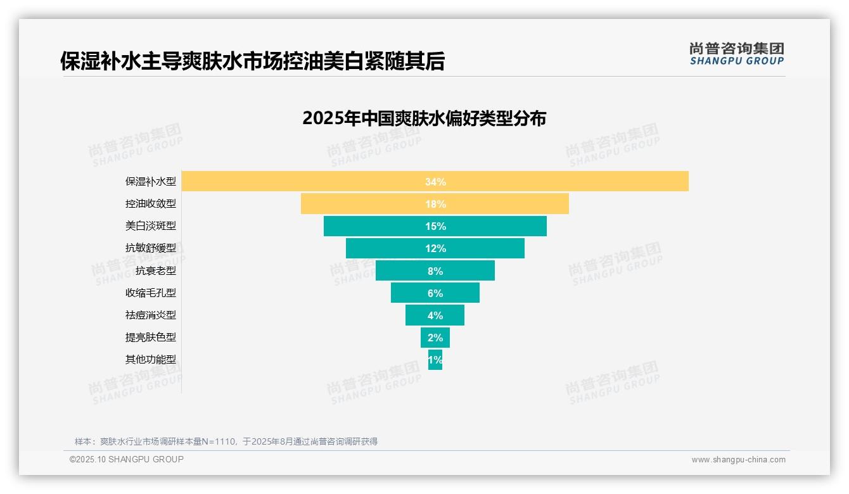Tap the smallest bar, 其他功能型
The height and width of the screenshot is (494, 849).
click(435, 360)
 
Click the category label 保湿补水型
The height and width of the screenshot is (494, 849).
click(151, 182)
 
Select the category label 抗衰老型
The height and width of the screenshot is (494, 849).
click(156, 271)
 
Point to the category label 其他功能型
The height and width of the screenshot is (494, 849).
click(151, 360)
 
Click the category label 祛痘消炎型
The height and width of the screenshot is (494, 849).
click(151, 315)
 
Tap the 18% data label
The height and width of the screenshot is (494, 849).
click(435, 204)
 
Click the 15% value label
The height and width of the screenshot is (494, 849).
click(435, 226)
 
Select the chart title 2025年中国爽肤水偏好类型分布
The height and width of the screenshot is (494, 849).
click(424, 118)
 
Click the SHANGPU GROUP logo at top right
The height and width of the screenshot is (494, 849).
click(736, 54)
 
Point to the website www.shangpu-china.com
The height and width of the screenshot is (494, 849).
click(738, 460)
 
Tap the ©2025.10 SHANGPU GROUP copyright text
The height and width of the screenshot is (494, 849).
click(127, 459)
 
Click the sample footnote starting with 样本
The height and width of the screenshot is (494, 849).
click(226, 441)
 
